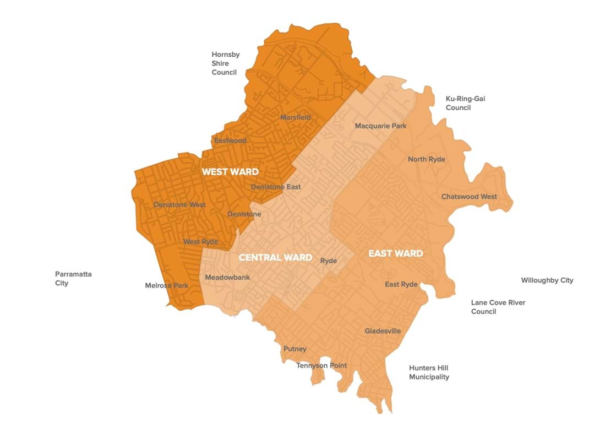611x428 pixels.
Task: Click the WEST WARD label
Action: tap(230, 172)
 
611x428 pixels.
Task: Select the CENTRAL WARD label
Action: tap(275, 257)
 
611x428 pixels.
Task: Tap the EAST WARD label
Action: tap(395, 253)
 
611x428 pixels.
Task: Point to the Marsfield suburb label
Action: tap(296, 117)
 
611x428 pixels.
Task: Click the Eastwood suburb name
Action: tap(230, 140)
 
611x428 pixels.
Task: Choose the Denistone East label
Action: tap(276, 187)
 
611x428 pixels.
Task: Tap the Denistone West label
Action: tap(179, 205)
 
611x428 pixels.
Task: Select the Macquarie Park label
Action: tap(380, 126)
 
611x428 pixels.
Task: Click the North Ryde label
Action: tap(426, 159)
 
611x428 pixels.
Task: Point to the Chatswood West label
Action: tap(469, 197)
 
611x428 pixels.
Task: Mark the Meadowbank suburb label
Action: tap(227, 277)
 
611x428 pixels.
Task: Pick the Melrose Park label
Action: tap(166, 285)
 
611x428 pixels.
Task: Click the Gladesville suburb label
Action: tap(383, 331)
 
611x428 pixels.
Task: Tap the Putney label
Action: tap(294, 349)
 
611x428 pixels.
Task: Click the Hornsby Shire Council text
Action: tap(225, 63)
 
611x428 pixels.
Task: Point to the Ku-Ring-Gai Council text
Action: tap(465, 103)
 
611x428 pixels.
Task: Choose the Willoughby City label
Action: tap(547, 280)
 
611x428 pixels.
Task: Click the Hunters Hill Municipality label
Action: tap(429, 372)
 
